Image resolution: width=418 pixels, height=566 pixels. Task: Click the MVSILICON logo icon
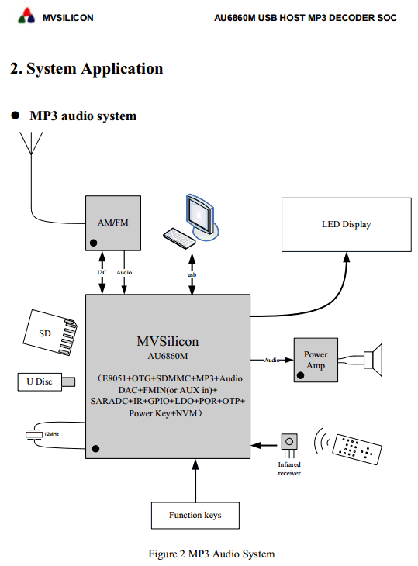(x=26, y=16)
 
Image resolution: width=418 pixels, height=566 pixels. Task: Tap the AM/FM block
(x=113, y=223)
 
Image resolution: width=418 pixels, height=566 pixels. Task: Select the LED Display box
(x=346, y=225)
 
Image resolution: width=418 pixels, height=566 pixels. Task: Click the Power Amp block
(x=316, y=360)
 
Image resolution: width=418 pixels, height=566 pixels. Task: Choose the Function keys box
(x=195, y=515)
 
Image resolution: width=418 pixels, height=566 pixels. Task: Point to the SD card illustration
(x=50, y=333)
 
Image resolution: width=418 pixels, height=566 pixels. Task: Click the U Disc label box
(x=40, y=382)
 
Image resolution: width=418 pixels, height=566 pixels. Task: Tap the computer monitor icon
(x=202, y=217)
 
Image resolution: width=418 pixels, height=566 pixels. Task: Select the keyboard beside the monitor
(x=179, y=238)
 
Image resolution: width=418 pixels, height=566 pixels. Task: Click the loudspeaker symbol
(x=373, y=360)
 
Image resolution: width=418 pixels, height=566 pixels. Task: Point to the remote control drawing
(x=357, y=449)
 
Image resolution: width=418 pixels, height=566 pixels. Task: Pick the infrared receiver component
(x=289, y=446)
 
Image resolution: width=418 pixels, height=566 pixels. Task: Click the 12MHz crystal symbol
(x=34, y=434)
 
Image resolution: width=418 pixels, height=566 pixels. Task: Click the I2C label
(x=102, y=272)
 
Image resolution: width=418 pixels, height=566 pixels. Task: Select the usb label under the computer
(x=192, y=275)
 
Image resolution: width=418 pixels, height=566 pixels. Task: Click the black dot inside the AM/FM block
(x=94, y=243)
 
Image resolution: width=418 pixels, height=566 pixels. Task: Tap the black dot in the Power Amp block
(x=300, y=375)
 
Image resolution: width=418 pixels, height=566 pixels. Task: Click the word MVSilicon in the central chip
(x=168, y=341)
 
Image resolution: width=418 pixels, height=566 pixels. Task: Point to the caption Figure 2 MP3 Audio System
(x=212, y=554)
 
